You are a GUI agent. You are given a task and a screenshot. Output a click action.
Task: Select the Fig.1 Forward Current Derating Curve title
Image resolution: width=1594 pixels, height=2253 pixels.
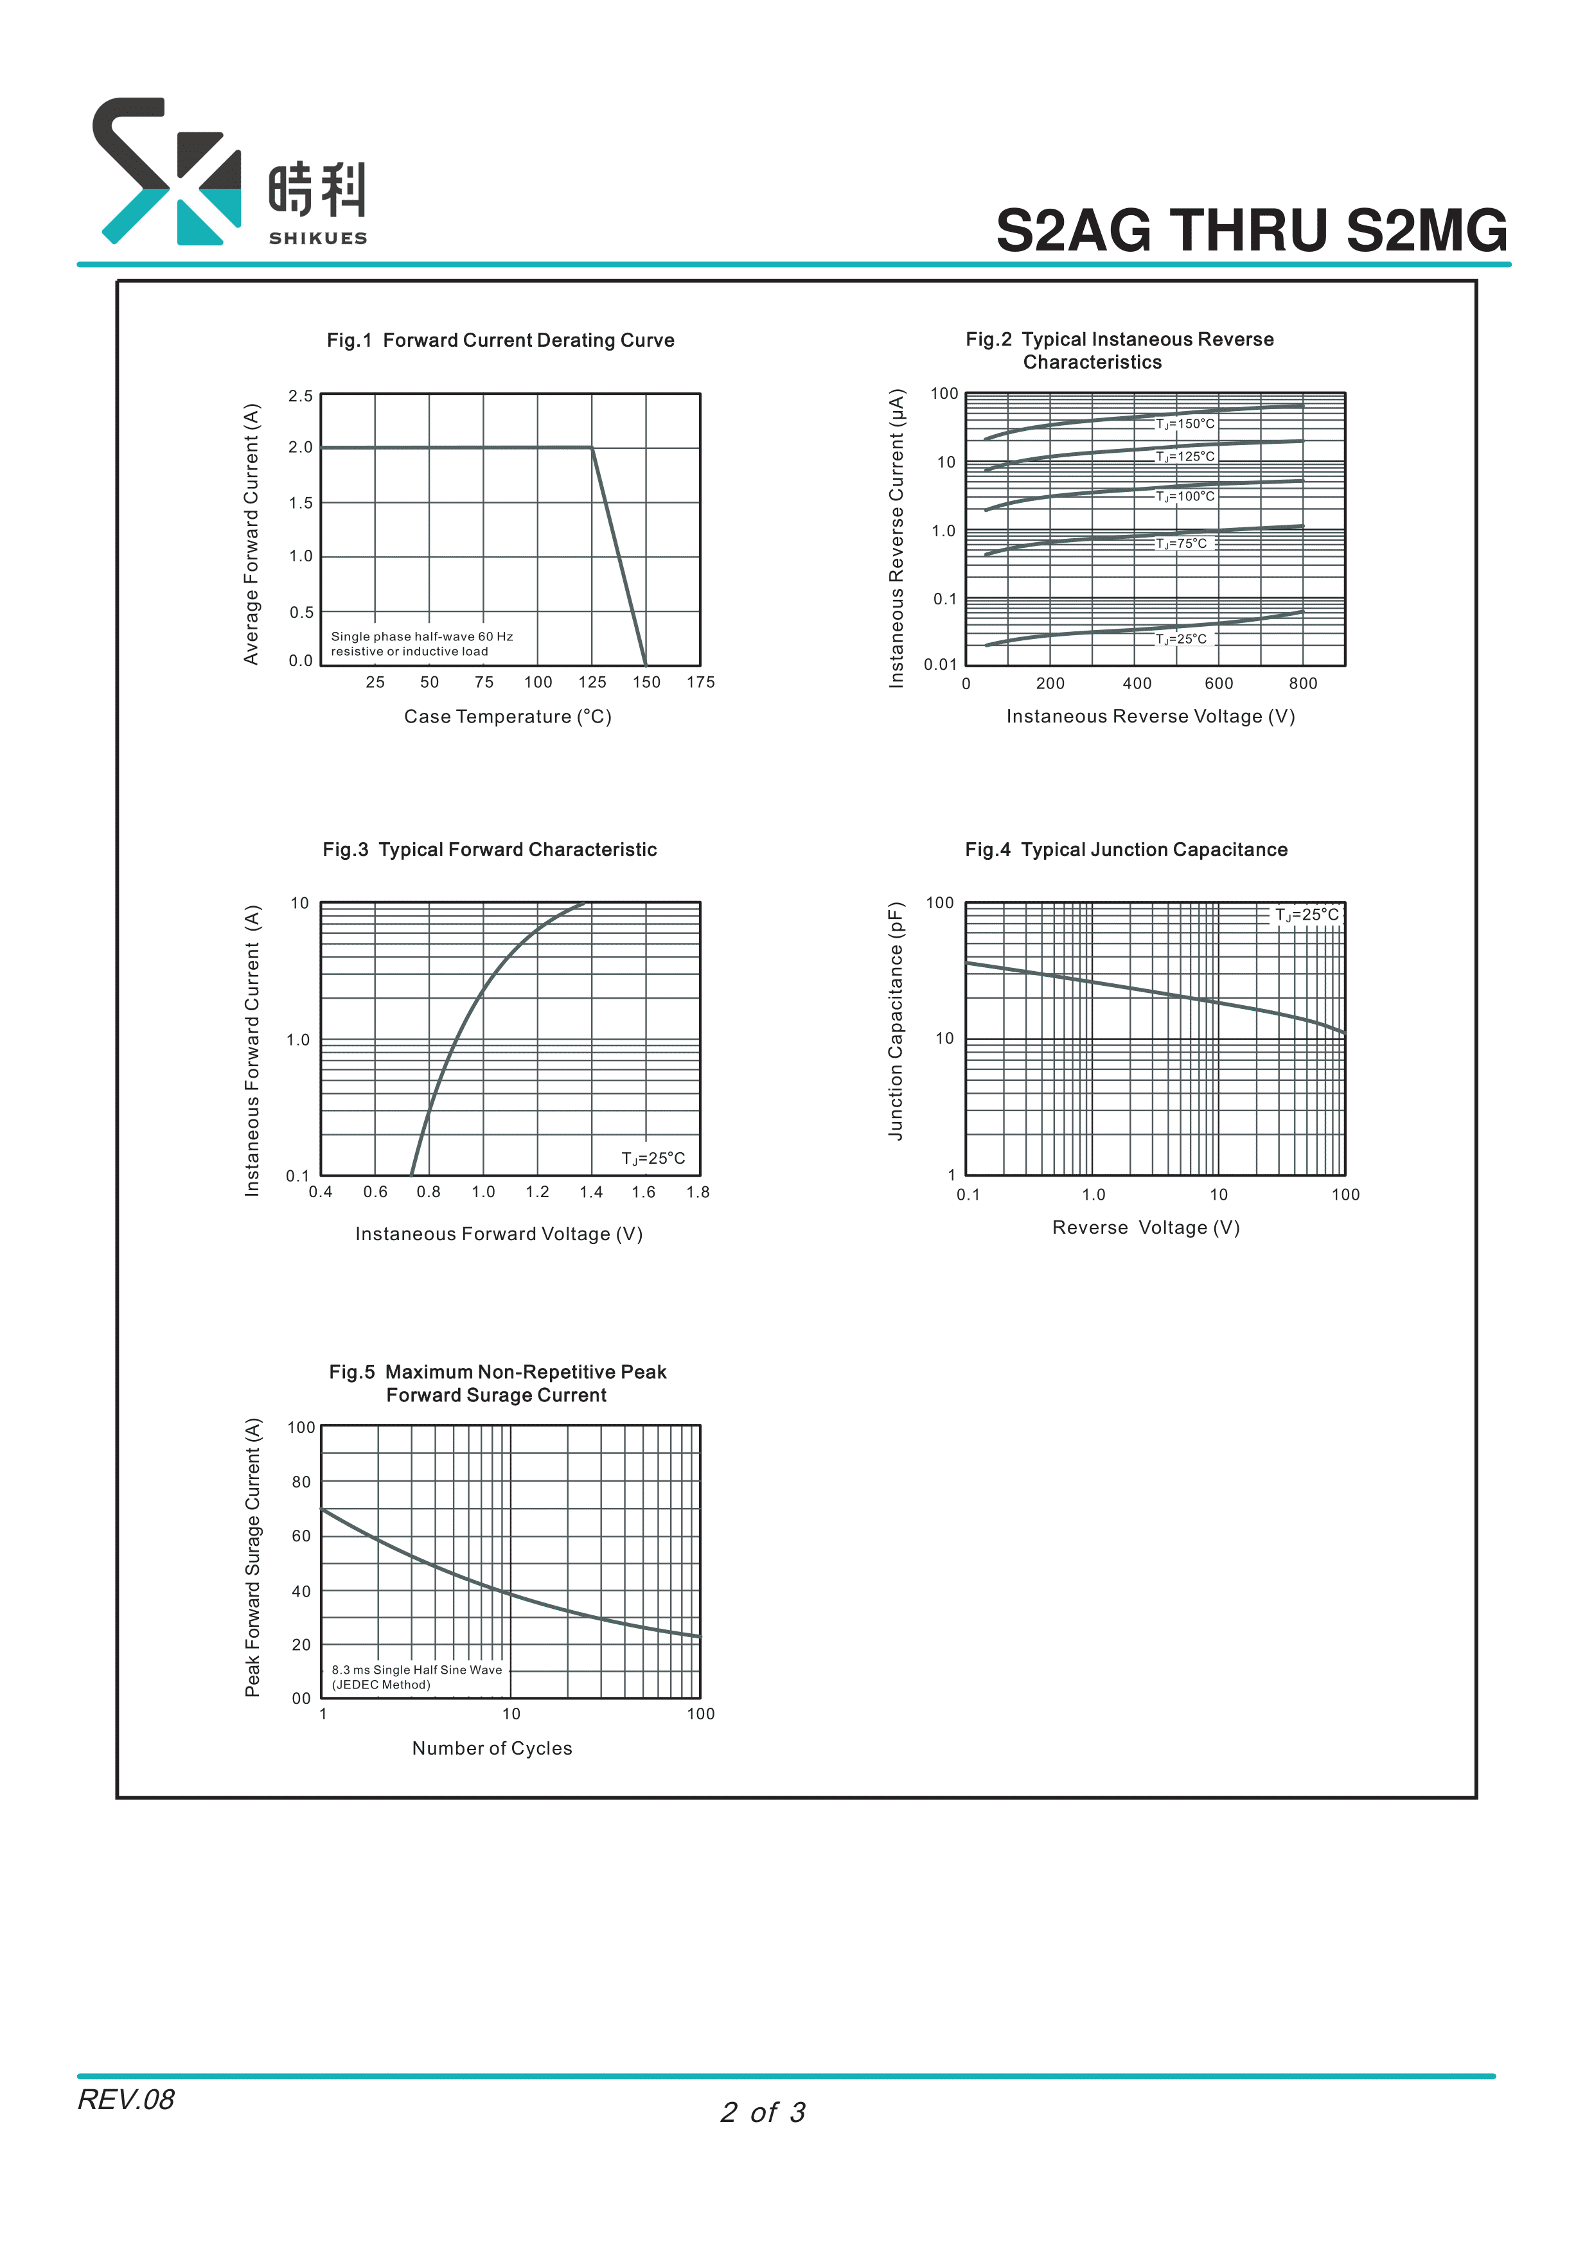pyautogui.click(x=500, y=340)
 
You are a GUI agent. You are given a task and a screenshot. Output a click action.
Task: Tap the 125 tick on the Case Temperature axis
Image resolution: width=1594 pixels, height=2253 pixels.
pyautogui.click(x=592, y=682)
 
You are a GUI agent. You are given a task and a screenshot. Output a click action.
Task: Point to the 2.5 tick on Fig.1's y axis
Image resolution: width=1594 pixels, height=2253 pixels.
pyautogui.click(x=300, y=396)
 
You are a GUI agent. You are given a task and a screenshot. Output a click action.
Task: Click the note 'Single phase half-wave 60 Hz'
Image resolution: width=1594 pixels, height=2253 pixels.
pyautogui.click(x=422, y=637)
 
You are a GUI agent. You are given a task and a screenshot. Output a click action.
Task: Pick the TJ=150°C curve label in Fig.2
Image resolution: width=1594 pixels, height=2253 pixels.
pyautogui.click(x=1185, y=424)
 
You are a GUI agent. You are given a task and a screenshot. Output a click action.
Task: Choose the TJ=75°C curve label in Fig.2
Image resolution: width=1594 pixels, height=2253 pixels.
pyautogui.click(x=1181, y=543)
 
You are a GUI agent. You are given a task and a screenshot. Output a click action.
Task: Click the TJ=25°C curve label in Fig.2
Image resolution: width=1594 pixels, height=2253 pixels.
pyautogui.click(x=1181, y=639)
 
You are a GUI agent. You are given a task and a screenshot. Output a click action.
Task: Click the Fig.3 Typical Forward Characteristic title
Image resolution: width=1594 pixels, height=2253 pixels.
pyautogui.click(x=490, y=850)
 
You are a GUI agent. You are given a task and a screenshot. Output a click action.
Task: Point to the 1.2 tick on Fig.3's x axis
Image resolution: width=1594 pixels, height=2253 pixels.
pyautogui.click(x=537, y=1192)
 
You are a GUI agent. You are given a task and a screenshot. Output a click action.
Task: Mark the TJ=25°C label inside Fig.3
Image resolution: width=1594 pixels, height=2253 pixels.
pyautogui.click(x=653, y=1159)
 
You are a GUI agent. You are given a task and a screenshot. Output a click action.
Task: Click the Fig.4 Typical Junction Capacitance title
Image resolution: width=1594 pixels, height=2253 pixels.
pyautogui.click(x=1126, y=850)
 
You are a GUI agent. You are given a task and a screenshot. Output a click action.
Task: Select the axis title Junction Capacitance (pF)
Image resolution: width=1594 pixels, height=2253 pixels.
pyautogui.click(x=895, y=1021)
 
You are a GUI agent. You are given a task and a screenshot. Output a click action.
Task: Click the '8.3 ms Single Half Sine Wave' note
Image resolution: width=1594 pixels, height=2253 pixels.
pyautogui.click(x=416, y=1669)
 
